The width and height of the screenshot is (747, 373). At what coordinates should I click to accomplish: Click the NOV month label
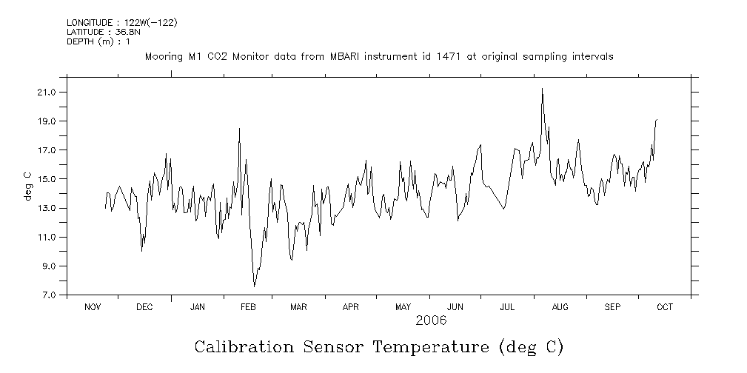93,307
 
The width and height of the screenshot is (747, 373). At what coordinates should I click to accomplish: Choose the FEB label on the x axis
248,307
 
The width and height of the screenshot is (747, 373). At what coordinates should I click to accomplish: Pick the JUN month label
455,307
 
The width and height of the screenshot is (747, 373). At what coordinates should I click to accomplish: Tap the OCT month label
664,307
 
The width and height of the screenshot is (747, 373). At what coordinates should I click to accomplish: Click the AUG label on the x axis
560,307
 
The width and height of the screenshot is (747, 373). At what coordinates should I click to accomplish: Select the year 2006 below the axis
430,320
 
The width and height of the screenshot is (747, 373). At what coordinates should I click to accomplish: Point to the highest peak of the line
542,89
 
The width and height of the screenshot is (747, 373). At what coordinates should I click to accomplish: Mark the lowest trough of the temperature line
254,286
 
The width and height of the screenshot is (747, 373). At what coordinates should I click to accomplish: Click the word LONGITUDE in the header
91,23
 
